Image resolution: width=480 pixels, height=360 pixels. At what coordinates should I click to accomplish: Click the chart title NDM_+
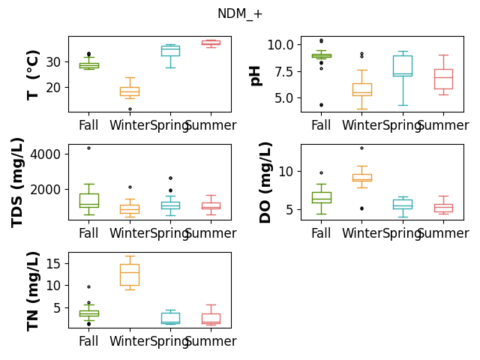(240, 13)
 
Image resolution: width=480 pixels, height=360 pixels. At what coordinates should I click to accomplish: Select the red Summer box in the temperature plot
(211, 43)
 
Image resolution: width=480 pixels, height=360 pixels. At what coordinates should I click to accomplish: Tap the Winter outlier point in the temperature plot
(130, 109)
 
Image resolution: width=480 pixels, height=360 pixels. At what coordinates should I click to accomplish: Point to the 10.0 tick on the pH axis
(280, 45)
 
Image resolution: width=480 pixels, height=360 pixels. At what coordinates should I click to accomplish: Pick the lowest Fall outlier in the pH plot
(322, 105)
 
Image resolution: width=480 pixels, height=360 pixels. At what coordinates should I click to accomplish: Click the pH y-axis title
(255, 76)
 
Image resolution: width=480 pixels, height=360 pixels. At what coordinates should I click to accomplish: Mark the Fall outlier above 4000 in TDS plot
(88, 148)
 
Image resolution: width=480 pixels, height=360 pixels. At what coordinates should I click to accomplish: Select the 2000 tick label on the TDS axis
(45, 190)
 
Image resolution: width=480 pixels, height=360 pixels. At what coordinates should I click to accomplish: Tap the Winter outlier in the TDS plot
(130, 187)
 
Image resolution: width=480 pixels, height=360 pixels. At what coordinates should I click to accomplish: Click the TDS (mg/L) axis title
(17, 183)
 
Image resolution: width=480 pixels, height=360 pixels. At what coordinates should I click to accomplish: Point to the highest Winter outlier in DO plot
(361, 148)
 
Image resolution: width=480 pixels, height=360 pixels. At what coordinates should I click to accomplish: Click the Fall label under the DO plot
(321, 233)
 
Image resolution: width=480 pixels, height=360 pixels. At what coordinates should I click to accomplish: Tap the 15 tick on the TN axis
(53, 263)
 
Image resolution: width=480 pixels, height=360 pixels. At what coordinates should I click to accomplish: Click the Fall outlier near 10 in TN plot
(88, 286)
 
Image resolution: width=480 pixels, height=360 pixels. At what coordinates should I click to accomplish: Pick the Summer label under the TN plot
(211, 341)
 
